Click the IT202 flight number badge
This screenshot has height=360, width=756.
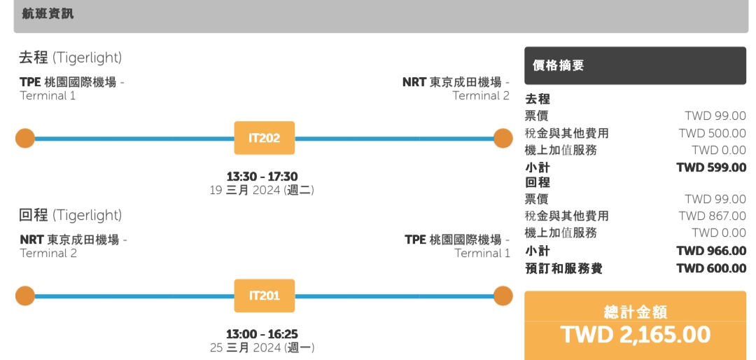264,138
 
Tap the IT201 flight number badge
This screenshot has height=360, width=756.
264,296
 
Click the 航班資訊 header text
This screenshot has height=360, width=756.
48,14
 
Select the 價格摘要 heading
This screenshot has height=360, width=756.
558,66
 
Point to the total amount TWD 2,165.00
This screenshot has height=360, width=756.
635,335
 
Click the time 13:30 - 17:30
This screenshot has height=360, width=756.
262,176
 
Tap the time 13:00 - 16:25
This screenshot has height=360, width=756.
262,334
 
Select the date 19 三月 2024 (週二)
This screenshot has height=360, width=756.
262,190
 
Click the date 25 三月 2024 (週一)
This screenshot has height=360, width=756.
262,347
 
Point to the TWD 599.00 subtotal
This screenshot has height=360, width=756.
711,167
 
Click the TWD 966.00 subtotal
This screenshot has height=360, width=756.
711,251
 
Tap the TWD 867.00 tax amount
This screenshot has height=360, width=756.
713,216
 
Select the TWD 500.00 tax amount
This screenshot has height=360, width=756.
713,133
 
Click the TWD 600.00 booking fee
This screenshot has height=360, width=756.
711,268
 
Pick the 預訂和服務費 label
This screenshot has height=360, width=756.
563,268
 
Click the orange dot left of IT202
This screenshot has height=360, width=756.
25,139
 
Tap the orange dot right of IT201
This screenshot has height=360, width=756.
503,296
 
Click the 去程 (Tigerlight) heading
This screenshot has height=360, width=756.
70,57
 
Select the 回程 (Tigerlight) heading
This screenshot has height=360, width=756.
70,215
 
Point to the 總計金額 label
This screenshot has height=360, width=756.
635,312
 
